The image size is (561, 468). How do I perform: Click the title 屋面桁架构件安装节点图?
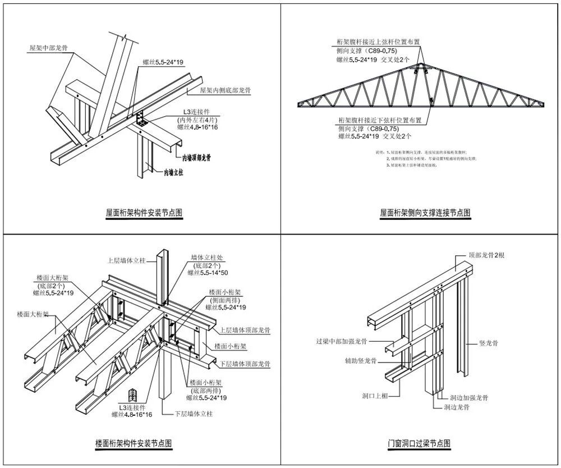tap(144, 213)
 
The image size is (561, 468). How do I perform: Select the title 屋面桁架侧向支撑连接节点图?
tap(425, 213)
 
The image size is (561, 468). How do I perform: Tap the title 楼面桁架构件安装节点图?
tap(134, 443)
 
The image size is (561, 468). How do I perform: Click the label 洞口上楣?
tap(375, 395)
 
